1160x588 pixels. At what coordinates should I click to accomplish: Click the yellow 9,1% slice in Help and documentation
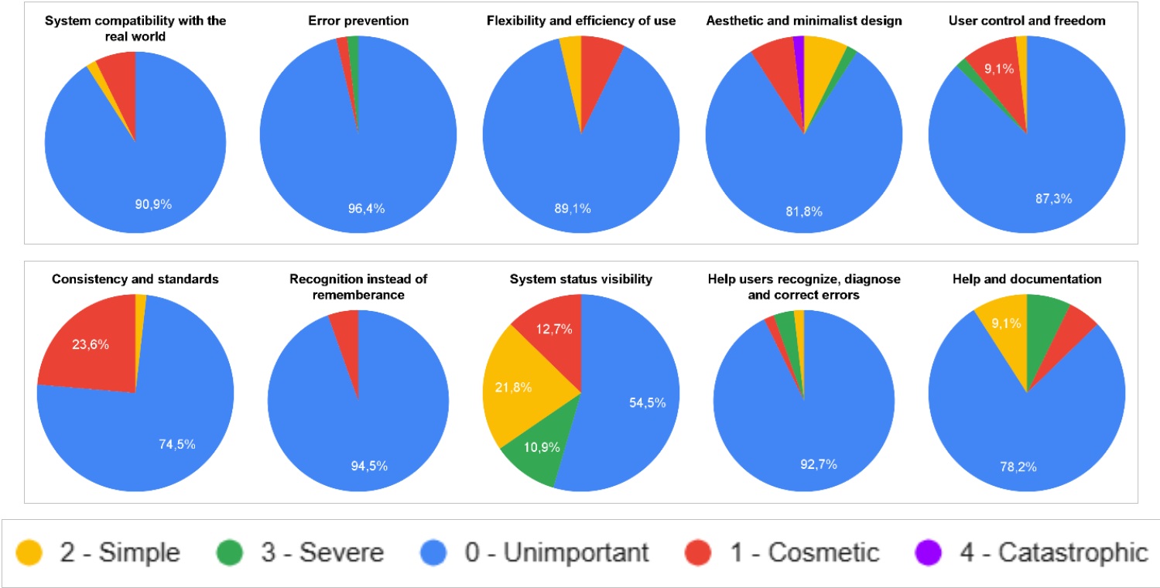tap(1003, 329)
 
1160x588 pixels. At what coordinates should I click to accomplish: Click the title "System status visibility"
tap(580, 279)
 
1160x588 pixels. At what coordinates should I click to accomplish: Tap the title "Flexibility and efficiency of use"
tap(580, 21)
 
